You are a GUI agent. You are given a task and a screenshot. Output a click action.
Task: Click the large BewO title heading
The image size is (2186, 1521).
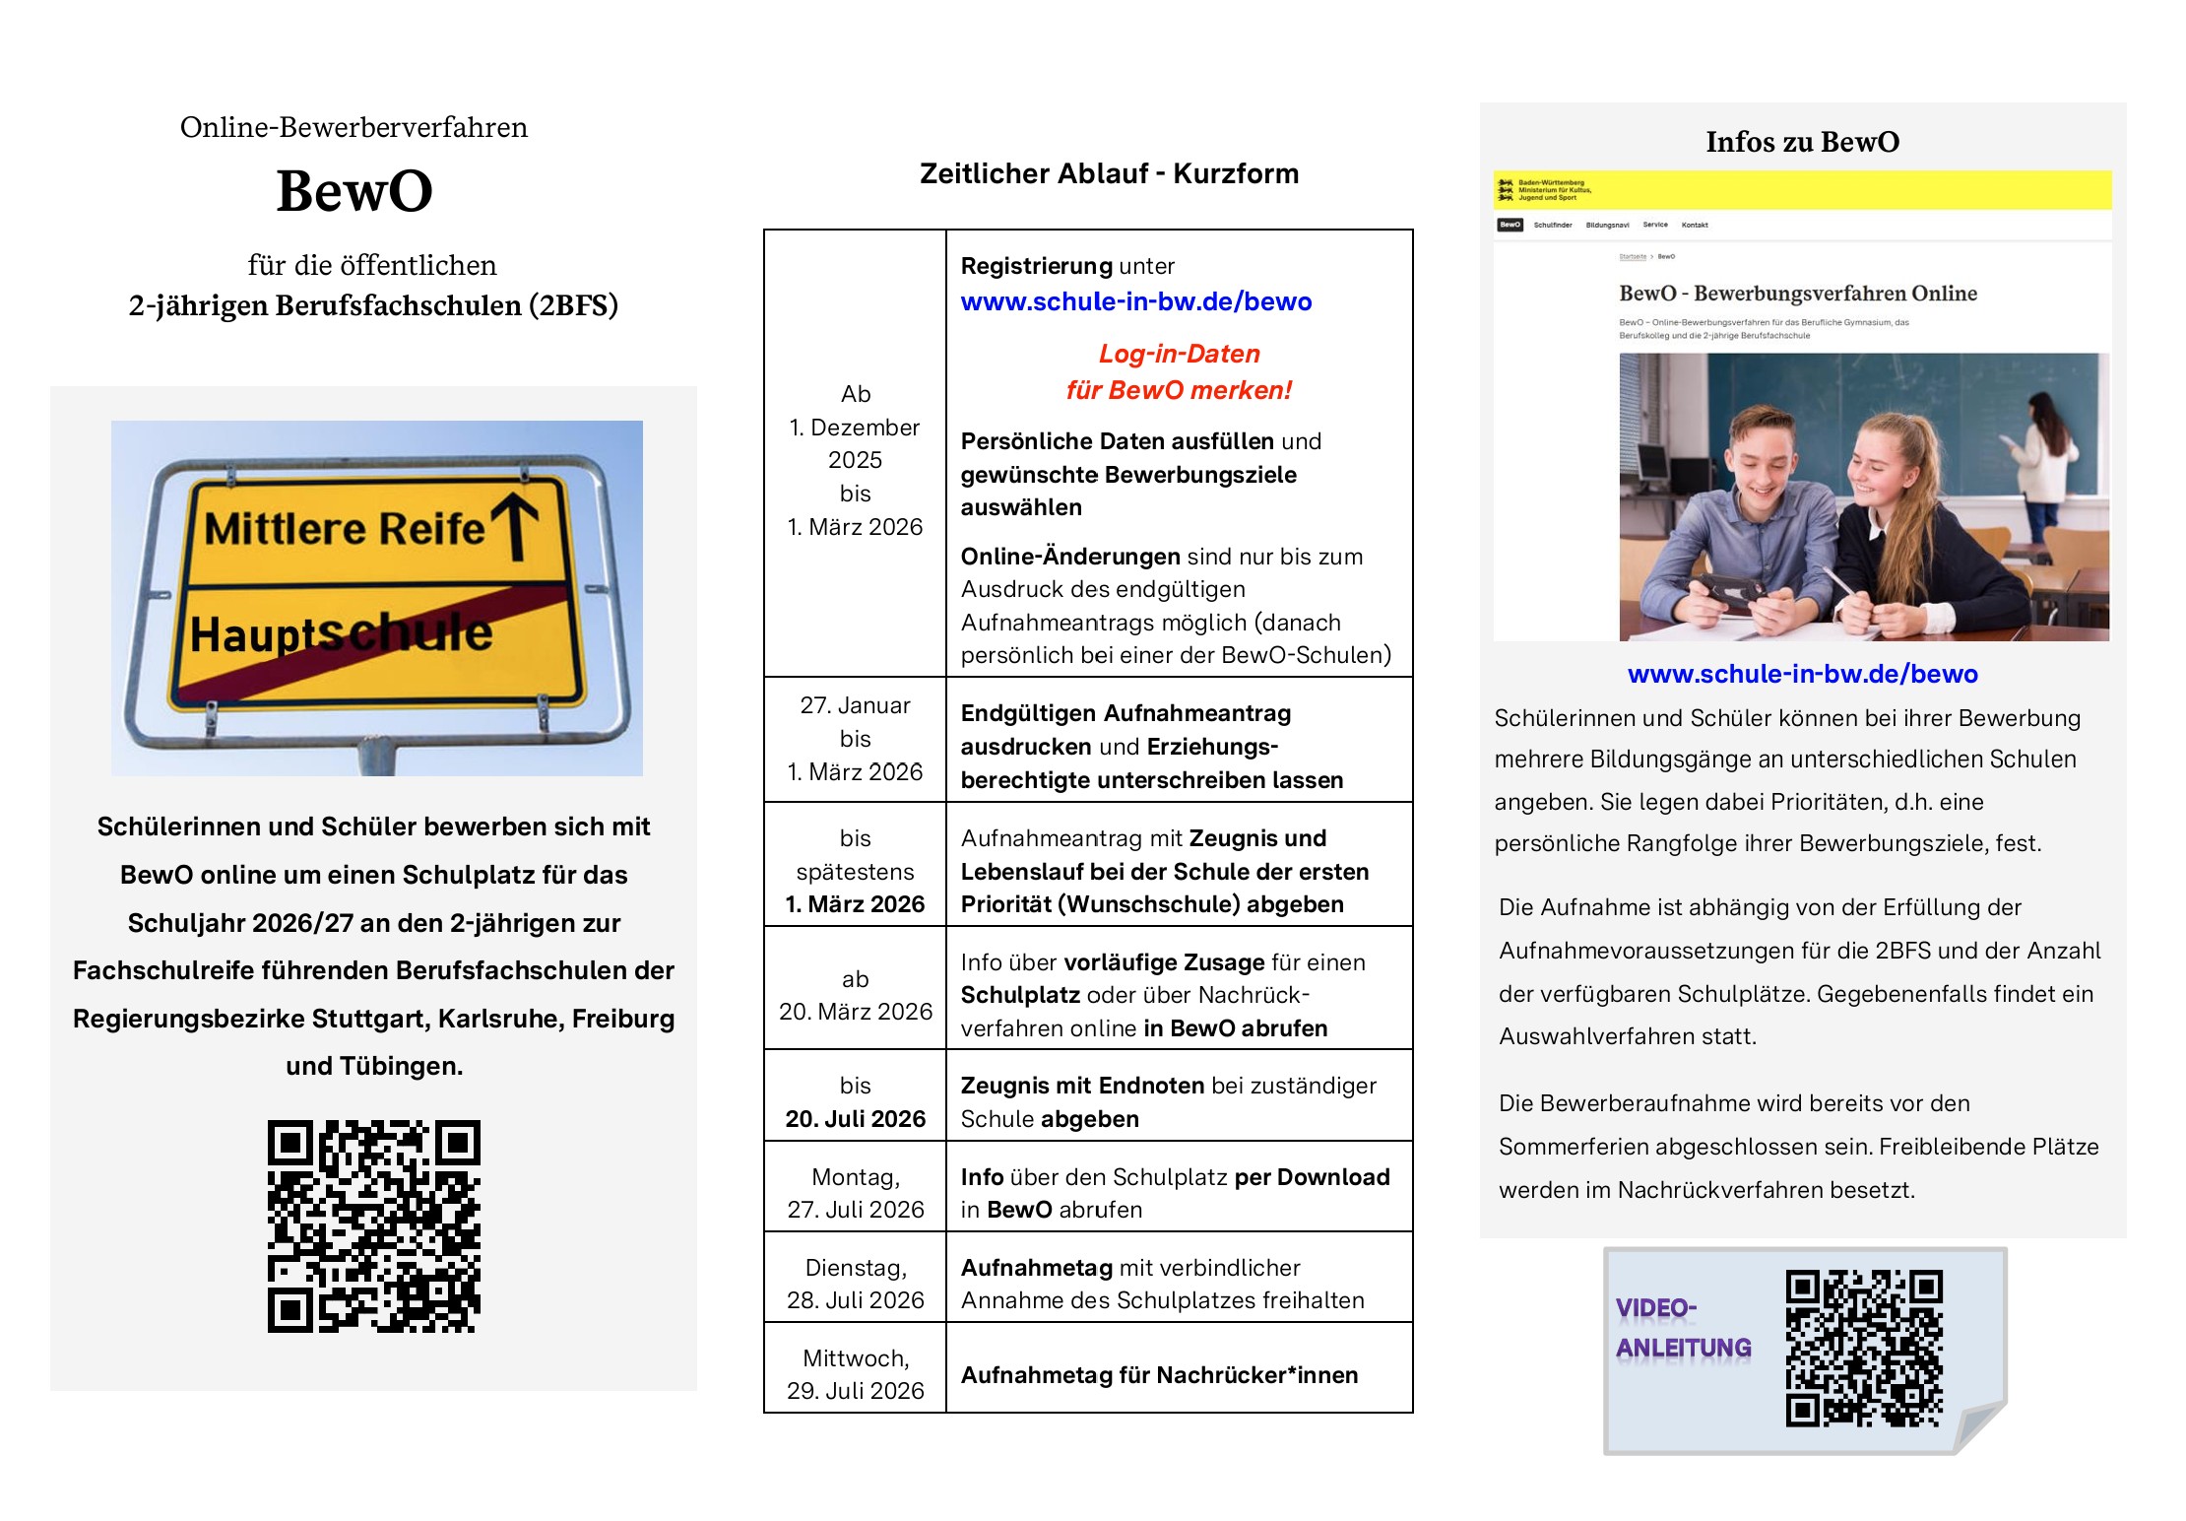(354, 191)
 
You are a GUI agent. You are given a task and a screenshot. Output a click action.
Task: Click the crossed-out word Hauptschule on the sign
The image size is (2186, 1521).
(341, 633)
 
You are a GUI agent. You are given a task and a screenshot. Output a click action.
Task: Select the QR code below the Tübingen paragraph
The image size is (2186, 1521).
(374, 1226)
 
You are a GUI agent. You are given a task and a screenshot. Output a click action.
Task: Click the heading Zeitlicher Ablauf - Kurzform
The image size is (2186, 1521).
(1109, 174)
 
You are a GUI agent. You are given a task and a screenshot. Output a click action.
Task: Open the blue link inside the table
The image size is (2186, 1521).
(1136, 301)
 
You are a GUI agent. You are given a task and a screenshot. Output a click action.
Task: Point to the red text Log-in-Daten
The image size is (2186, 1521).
(1179, 354)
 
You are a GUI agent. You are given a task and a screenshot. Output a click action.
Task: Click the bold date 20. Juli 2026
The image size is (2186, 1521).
(855, 1119)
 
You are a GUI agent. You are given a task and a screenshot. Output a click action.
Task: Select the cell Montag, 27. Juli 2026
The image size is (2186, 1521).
(855, 1193)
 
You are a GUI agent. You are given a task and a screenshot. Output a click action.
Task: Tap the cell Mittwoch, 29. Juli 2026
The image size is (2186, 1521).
(855, 1374)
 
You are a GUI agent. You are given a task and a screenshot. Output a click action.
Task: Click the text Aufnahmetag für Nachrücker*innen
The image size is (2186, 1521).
(1159, 1375)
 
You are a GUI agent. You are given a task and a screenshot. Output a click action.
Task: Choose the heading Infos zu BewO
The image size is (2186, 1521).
(1802, 142)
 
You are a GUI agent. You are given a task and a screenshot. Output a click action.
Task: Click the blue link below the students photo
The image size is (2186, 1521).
(1802, 674)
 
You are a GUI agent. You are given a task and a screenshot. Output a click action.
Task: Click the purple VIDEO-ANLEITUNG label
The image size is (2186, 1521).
(1683, 1328)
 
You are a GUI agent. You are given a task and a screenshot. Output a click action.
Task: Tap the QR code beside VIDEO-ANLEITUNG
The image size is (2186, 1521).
(1864, 1349)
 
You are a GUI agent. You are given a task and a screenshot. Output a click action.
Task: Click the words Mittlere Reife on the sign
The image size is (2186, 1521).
(344, 529)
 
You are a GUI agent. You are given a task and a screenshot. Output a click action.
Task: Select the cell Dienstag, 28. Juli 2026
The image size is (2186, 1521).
(855, 1284)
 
